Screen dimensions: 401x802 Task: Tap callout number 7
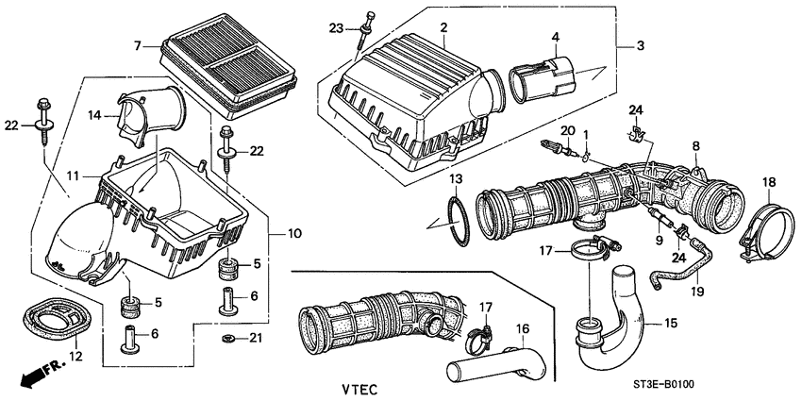point(138,45)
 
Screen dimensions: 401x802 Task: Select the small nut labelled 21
point(226,337)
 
